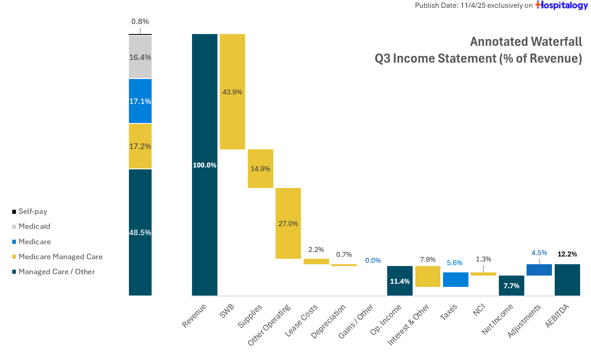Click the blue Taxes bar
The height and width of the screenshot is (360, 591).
(x=456, y=280)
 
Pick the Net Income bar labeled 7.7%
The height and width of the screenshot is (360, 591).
(x=512, y=286)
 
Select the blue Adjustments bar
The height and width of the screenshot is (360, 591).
(x=539, y=270)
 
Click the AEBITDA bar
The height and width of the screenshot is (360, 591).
(x=567, y=280)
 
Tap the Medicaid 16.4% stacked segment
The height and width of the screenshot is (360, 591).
(x=140, y=57)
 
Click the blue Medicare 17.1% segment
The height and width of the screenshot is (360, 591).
(x=140, y=101)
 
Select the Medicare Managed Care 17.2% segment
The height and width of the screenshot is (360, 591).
(x=140, y=146)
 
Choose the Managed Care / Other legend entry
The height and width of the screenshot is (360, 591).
(x=56, y=272)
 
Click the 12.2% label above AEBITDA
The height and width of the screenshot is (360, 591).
(x=567, y=254)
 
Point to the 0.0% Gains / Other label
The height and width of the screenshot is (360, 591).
(x=373, y=261)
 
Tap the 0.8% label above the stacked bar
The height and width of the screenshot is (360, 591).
(x=140, y=21)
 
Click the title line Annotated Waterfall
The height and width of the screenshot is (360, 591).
(x=526, y=42)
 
